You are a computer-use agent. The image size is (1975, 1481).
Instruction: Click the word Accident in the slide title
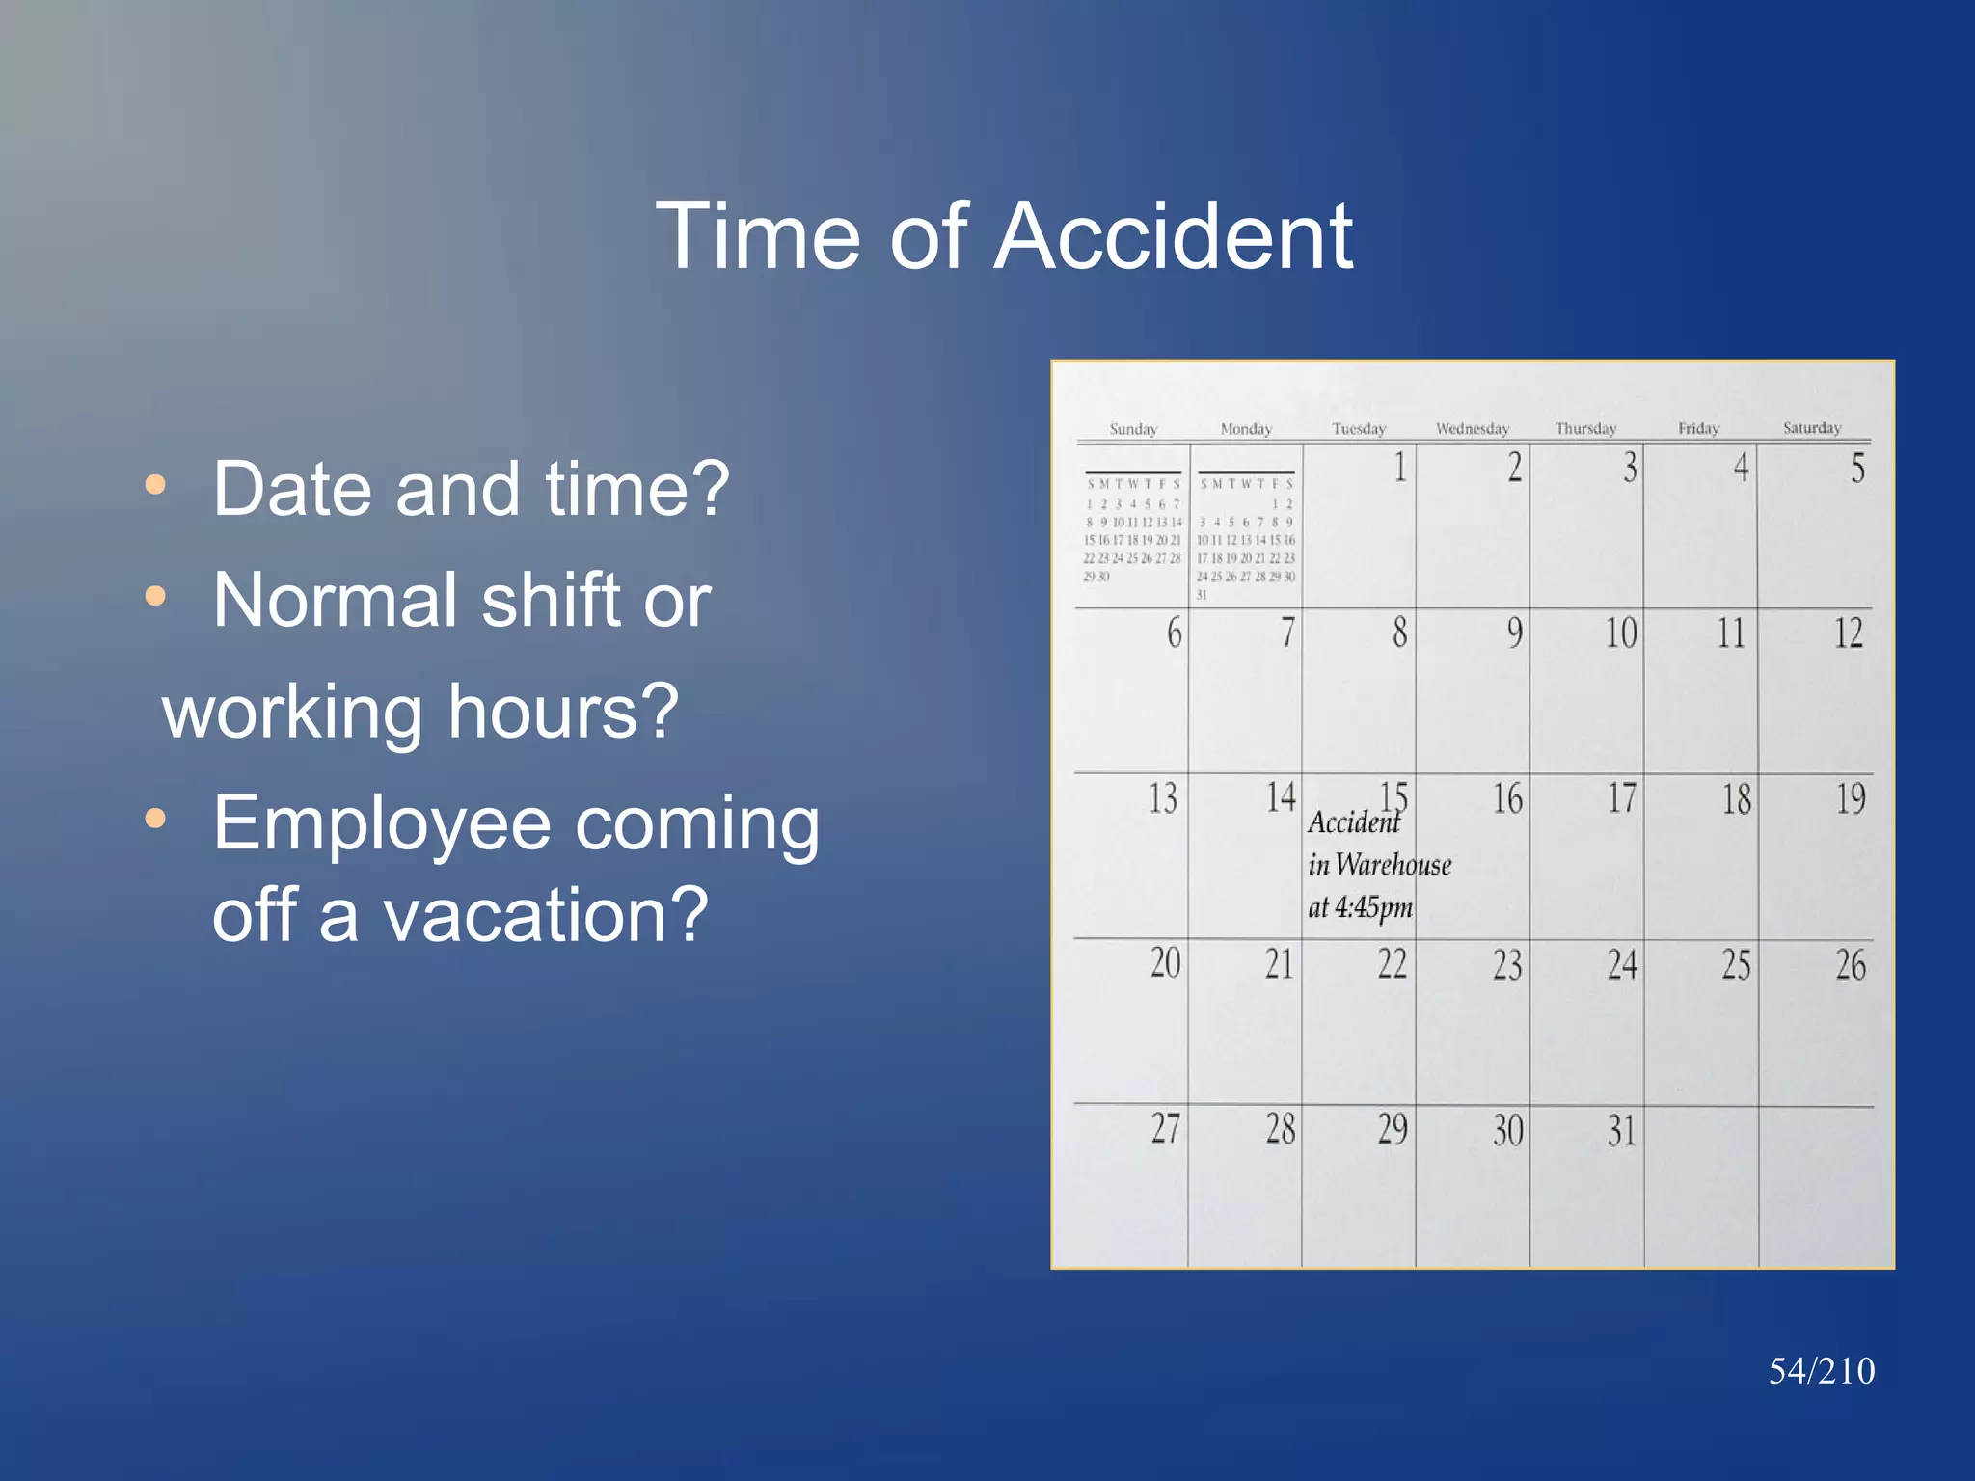click(x=1173, y=237)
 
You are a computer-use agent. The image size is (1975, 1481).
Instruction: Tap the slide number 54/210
click(x=1821, y=1371)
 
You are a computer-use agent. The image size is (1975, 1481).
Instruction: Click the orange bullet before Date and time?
click(x=155, y=484)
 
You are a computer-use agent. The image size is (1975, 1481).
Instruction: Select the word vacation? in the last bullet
click(x=546, y=915)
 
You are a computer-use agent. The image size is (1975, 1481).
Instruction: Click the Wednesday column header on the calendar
click(x=1472, y=429)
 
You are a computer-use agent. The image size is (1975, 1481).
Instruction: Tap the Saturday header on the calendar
click(x=1811, y=428)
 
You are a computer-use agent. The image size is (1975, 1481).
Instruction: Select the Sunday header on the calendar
click(x=1133, y=429)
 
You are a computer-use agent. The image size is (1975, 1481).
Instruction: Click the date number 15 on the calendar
click(x=1394, y=796)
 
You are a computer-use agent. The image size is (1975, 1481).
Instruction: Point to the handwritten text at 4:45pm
click(x=1360, y=907)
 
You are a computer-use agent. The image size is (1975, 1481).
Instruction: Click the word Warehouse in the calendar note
click(x=1393, y=865)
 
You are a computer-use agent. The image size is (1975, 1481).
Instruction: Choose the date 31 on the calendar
click(x=1621, y=1130)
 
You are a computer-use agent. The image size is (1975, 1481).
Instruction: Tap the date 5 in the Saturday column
click(x=1856, y=469)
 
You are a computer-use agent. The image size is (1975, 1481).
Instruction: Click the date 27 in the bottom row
click(x=1165, y=1128)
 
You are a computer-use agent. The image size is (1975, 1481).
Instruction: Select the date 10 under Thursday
click(x=1620, y=633)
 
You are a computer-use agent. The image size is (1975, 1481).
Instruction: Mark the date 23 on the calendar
click(x=1507, y=965)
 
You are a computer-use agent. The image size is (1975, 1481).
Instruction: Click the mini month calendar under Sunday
click(x=1132, y=530)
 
